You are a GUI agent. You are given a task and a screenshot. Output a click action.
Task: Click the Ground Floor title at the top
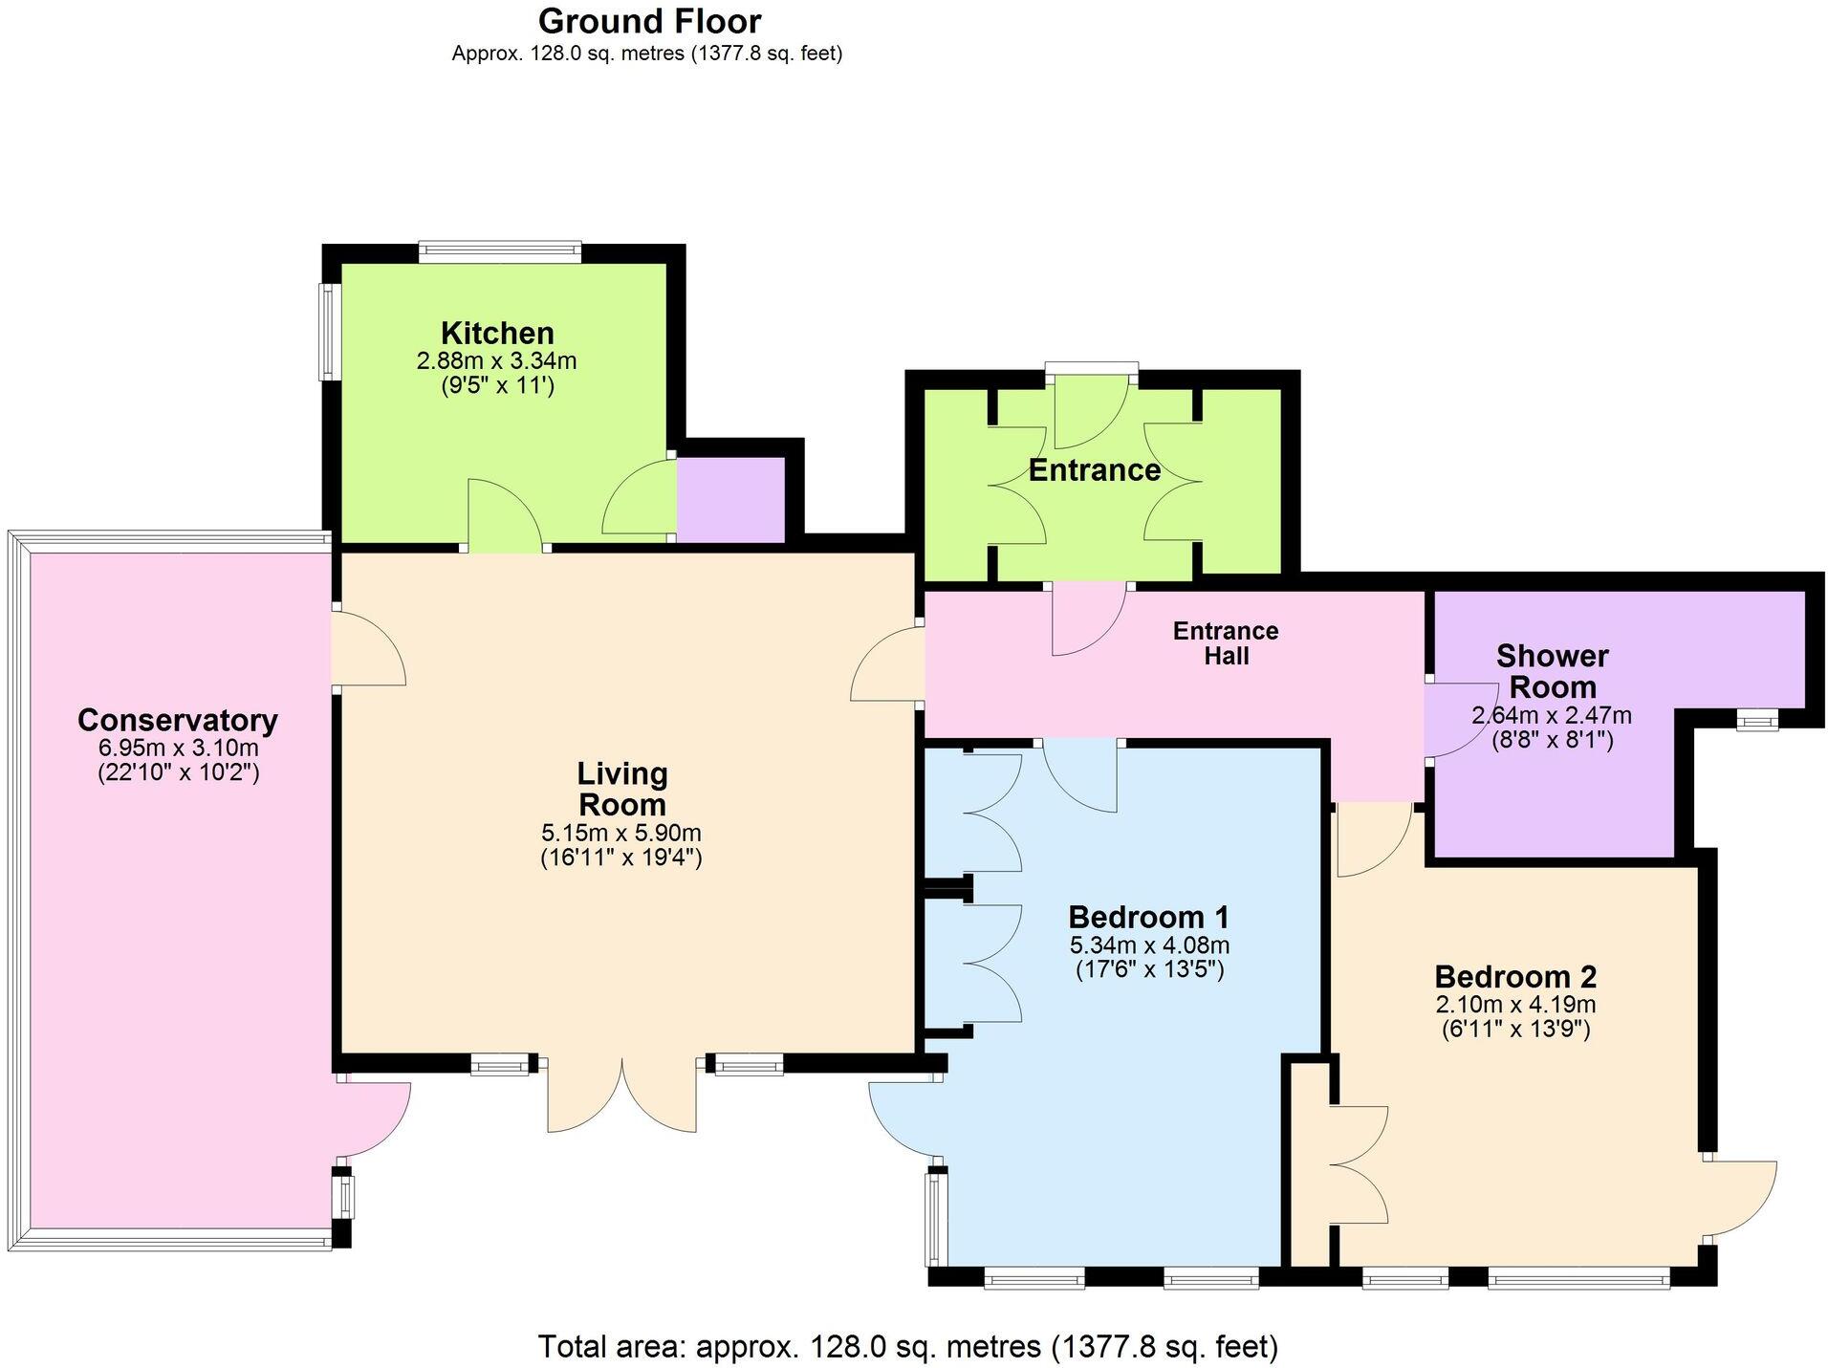649,21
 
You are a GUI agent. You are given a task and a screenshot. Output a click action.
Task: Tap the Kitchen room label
497,333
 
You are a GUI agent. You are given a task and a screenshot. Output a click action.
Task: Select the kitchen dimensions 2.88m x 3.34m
496,361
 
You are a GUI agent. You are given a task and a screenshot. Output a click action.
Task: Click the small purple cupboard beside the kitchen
730,498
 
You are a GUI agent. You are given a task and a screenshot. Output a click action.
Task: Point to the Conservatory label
178,720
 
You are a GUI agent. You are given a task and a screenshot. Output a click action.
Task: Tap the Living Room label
621,789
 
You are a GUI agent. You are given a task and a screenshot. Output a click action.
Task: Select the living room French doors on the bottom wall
621,1095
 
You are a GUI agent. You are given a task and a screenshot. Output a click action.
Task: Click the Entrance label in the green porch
1094,470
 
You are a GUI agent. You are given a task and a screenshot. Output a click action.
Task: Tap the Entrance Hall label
1226,643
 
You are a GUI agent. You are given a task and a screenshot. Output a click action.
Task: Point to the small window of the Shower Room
1757,720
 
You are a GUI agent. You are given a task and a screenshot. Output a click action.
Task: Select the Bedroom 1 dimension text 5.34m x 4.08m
1148,945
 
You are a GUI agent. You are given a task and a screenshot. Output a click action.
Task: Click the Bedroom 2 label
1515,977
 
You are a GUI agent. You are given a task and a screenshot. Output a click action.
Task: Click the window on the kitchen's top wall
500,251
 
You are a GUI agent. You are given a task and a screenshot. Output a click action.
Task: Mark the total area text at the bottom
907,1346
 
